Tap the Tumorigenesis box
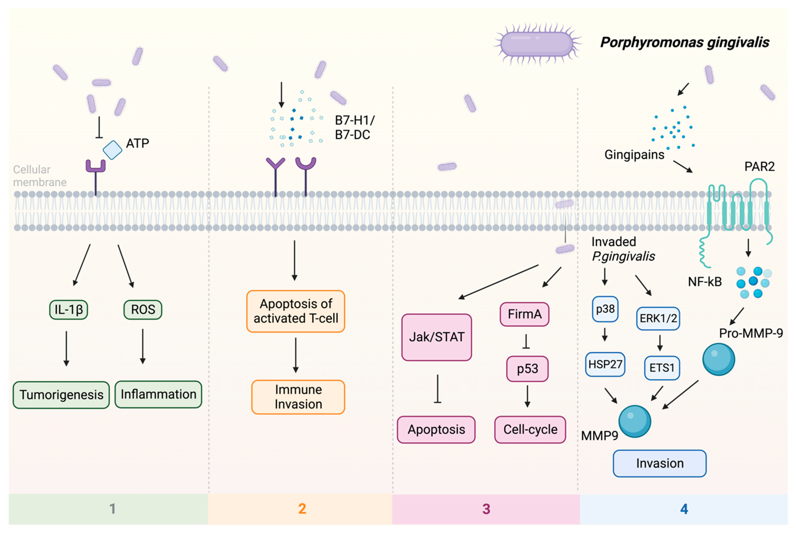click(61, 395)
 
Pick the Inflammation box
click(158, 394)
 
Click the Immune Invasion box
click(298, 397)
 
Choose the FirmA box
click(524, 314)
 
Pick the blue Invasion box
click(659, 463)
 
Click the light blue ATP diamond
click(112, 150)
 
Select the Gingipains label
click(634, 155)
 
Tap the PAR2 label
click(759, 167)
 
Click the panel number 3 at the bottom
click(486, 509)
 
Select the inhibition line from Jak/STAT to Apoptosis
click(437, 389)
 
